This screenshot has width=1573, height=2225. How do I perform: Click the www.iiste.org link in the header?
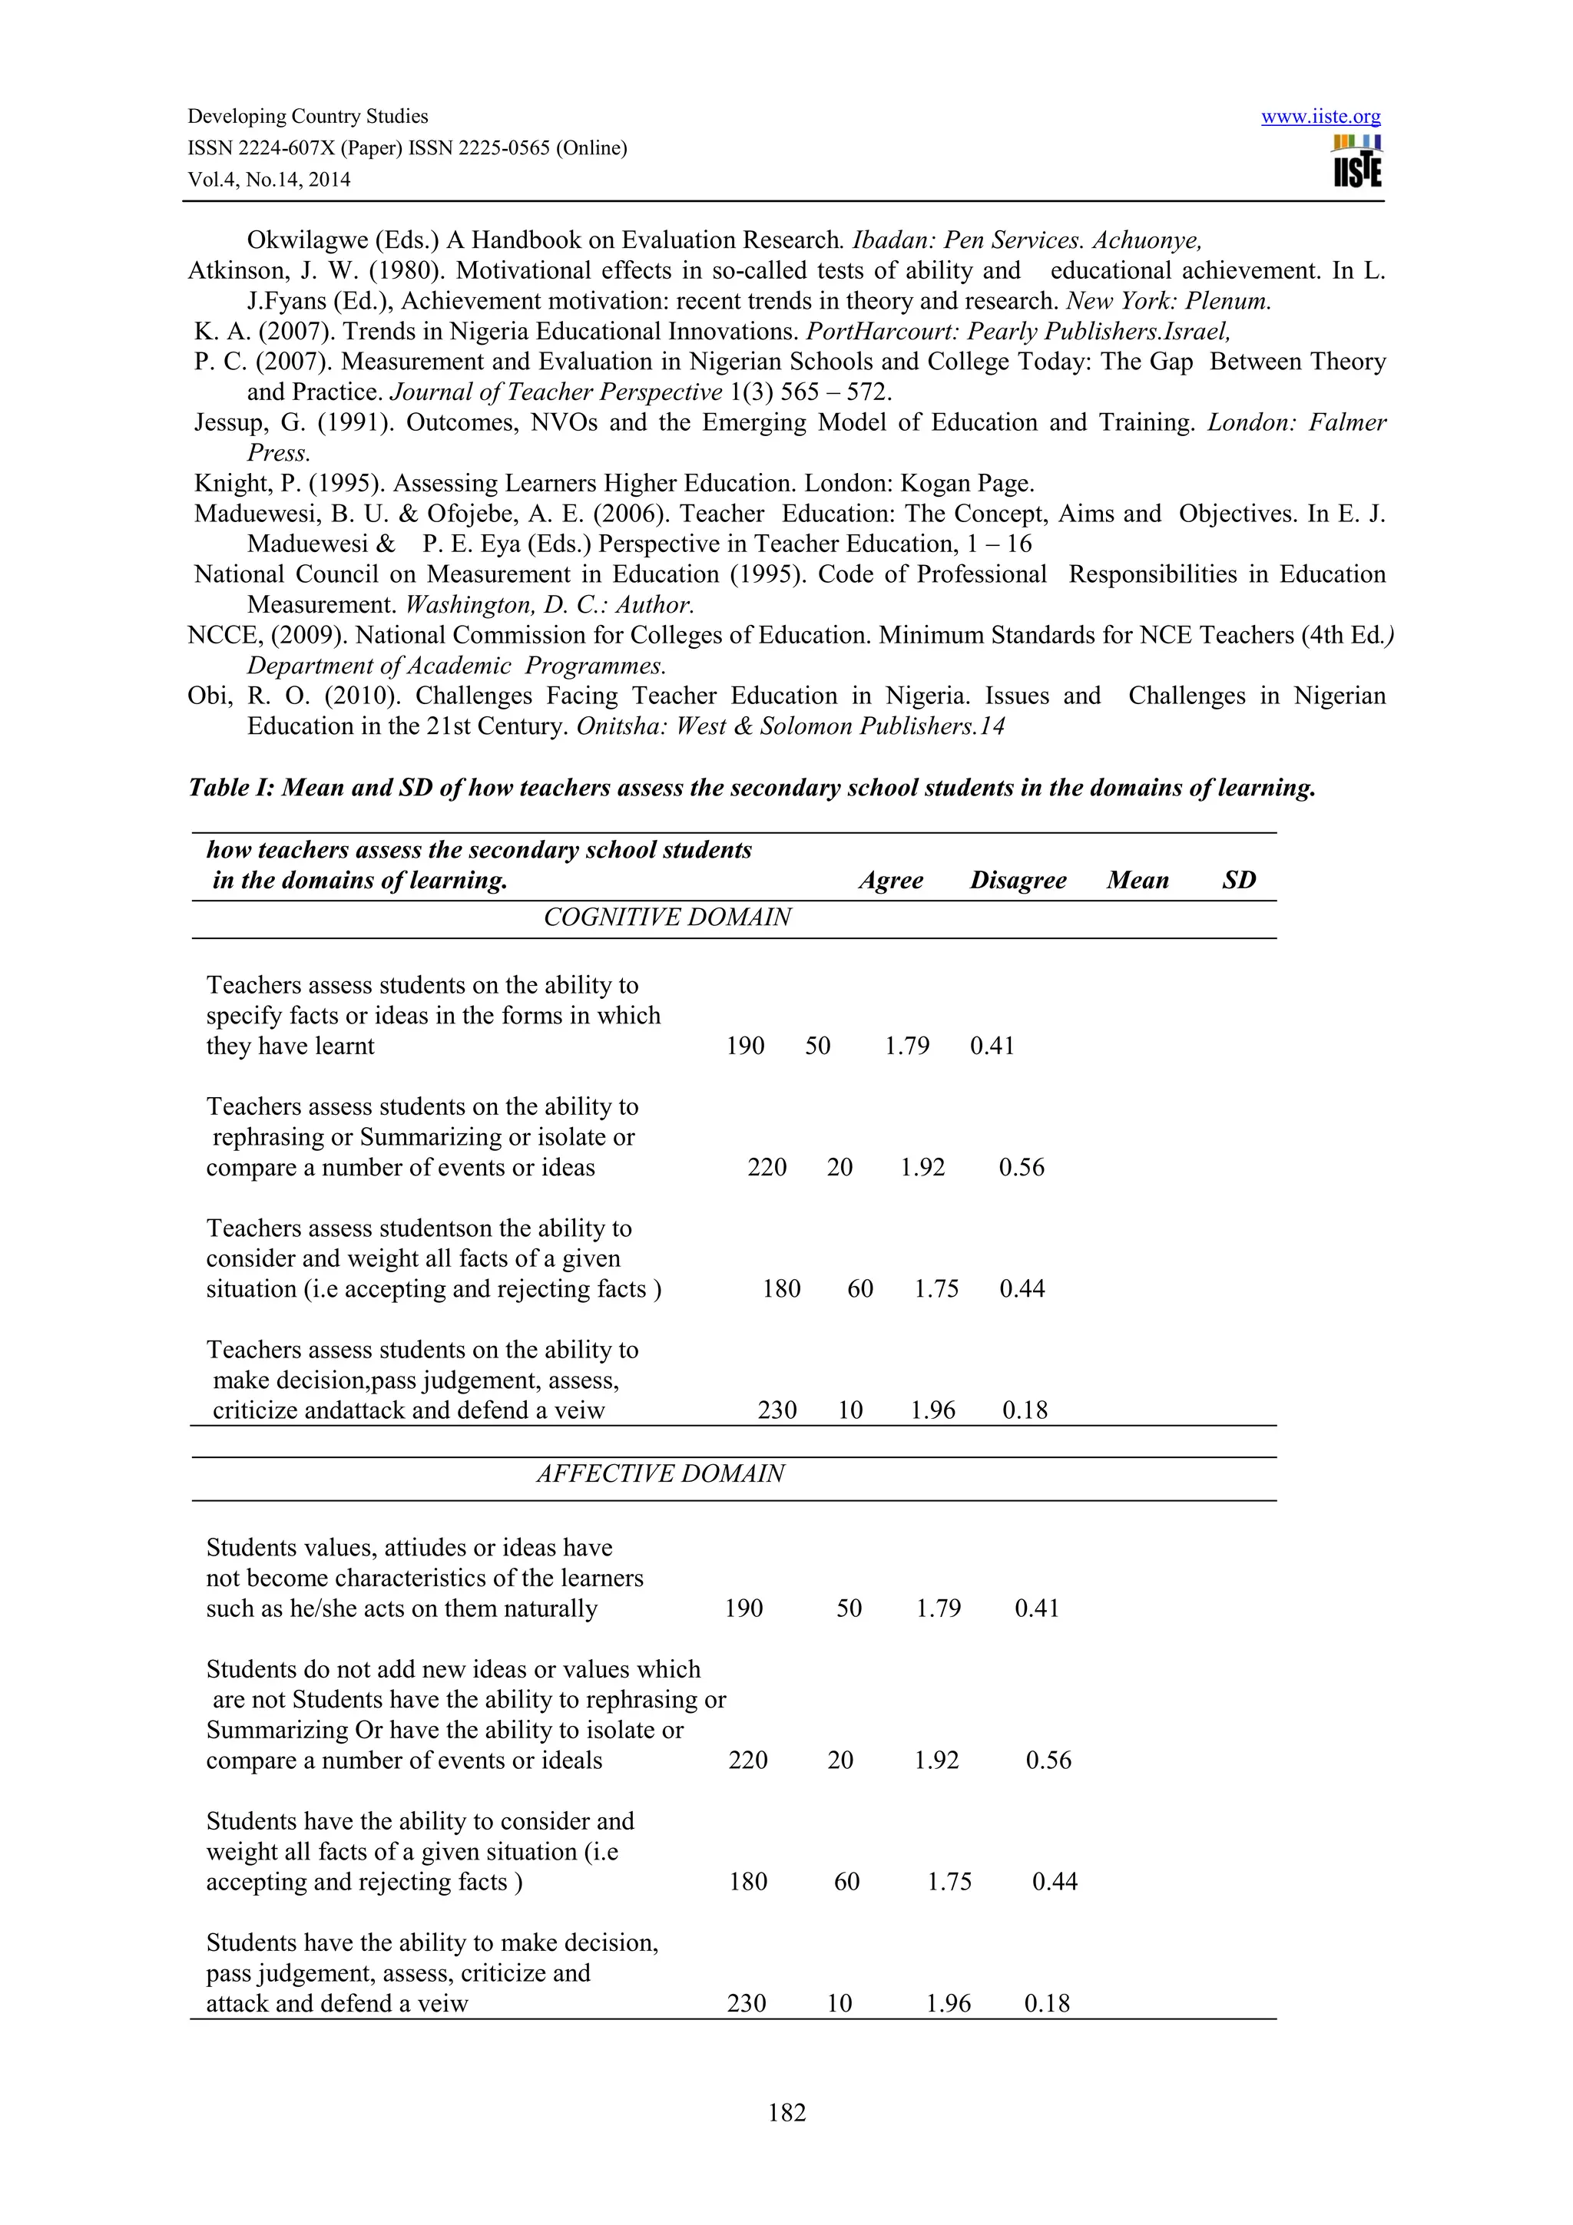pos(1320,117)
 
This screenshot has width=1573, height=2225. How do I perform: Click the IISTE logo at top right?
pos(1357,162)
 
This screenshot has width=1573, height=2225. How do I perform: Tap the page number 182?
pos(786,2111)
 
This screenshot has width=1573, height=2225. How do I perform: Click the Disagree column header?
pos(1017,880)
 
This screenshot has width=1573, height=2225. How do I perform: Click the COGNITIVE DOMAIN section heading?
pos(667,917)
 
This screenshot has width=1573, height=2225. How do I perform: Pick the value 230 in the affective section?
pos(747,2003)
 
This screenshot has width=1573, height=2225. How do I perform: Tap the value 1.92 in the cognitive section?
pos(922,1167)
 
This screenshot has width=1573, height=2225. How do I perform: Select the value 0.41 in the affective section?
pos(1036,1608)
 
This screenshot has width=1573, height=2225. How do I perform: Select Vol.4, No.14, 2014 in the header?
pos(269,180)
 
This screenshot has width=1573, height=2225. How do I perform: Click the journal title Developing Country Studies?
pos(307,116)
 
